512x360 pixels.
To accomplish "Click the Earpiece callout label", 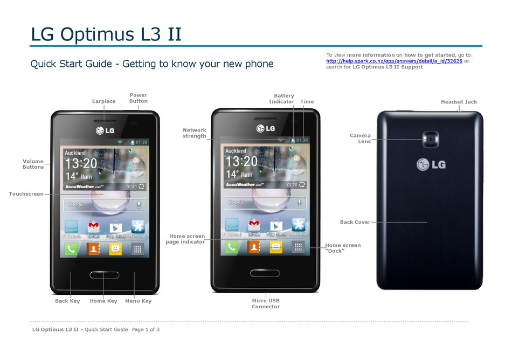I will pyautogui.click(x=103, y=101).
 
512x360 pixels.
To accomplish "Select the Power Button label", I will pyautogui.click(x=138, y=98).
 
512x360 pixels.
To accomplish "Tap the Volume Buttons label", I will pyautogui.click(x=33, y=164).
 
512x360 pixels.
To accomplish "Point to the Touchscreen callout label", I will pyautogui.click(x=26, y=193).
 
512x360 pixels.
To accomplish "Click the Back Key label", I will pyautogui.click(x=67, y=301).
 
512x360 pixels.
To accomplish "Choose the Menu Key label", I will pyautogui.click(x=138, y=301).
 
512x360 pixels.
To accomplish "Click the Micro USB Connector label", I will pyautogui.click(x=266, y=303).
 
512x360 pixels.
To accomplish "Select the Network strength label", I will pyautogui.click(x=195, y=133).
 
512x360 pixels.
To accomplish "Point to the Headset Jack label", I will pyautogui.click(x=459, y=101).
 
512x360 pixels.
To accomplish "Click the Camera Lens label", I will pyautogui.click(x=360, y=139).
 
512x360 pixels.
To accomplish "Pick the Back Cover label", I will pyautogui.click(x=355, y=222).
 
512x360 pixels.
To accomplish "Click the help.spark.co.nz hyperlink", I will pyautogui.click(x=394, y=61).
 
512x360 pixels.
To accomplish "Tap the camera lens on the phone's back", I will pyautogui.click(x=431, y=139).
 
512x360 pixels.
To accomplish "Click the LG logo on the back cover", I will pyautogui.click(x=431, y=164).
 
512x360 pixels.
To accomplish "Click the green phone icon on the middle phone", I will pyautogui.click(x=231, y=247).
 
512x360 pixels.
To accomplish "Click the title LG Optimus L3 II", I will pyautogui.click(x=106, y=34).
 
